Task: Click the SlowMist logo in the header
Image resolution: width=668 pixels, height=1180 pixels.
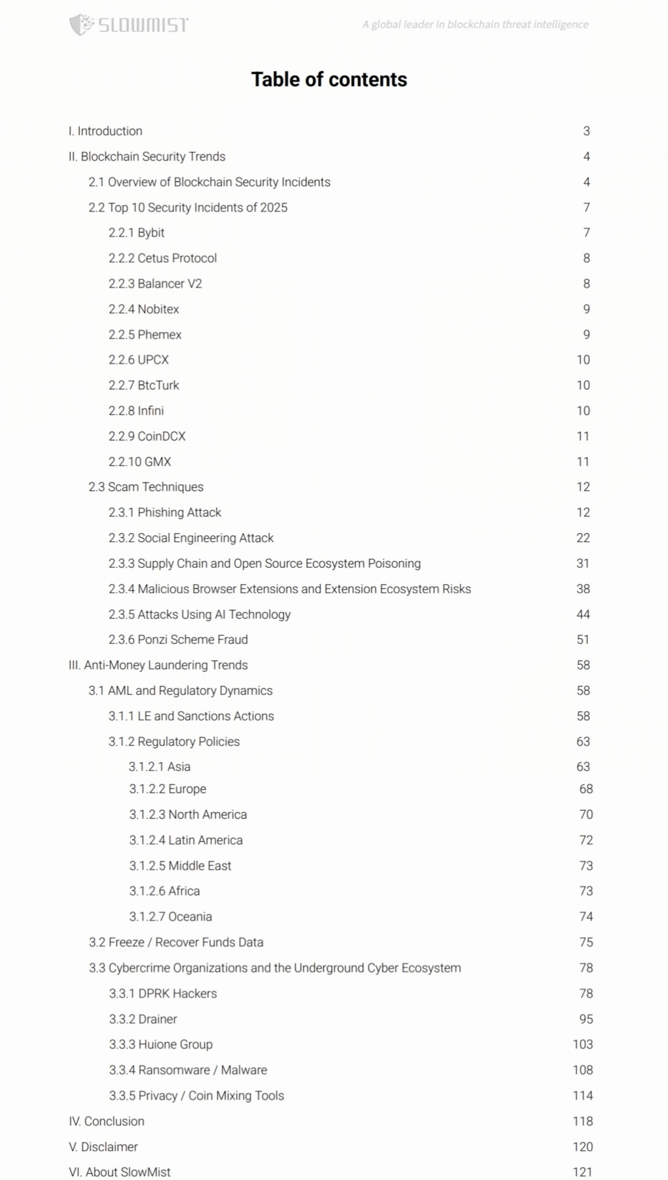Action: pyautogui.click(x=129, y=24)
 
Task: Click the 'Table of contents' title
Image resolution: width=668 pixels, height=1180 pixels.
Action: pyautogui.click(x=329, y=80)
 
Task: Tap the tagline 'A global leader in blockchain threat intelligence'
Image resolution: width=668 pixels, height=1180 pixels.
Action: pyautogui.click(x=475, y=24)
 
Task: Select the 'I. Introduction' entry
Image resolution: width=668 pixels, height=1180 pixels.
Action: pyautogui.click(x=105, y=131)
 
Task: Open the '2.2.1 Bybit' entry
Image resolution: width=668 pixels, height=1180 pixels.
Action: pyautogui.click(x=136, y=233)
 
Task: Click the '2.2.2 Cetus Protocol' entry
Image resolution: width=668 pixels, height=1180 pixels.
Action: pyautogui.click(x=163, y=258)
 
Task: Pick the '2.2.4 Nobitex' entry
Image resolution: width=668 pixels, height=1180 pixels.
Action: pyautogui.click(x=144, y=309)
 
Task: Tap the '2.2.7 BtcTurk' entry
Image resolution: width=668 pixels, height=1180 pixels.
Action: pyautogui.click(x=144, y=386)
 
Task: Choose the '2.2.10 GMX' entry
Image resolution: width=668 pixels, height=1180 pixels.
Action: pyautogui.click(x=140, y=462)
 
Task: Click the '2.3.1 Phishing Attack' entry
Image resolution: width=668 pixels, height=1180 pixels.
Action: pyautogui.click(x=165, y=512)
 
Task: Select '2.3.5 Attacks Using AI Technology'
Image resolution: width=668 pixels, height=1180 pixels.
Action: pyautogui.click(x=199, y=615)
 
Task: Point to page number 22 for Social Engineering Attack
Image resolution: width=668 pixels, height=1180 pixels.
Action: pyautogui.click(x=583, y=538)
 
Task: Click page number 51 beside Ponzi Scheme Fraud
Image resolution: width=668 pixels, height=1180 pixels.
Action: pyautogui.click(x=583, y=640)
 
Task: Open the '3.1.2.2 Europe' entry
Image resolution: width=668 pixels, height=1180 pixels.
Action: pyautogui.click(x=167, y=789)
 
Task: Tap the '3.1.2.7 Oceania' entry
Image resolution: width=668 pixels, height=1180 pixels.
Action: pyautogui.click(x=170, y=917)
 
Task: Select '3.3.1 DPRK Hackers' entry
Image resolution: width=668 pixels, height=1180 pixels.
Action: pyautogui.click(x=163, y=993)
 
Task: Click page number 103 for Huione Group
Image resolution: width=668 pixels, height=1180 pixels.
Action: pyautogui.click(x=583, y=1044)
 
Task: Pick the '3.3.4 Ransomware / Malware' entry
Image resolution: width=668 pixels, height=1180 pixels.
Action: pyautogui.click(x=188, y=1070)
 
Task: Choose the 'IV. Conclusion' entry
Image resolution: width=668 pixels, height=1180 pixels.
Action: pyautogui.click(x=106, y=1121)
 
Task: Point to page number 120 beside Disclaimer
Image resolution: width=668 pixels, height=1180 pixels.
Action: pyautogui.click(x=583, y=1147)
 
